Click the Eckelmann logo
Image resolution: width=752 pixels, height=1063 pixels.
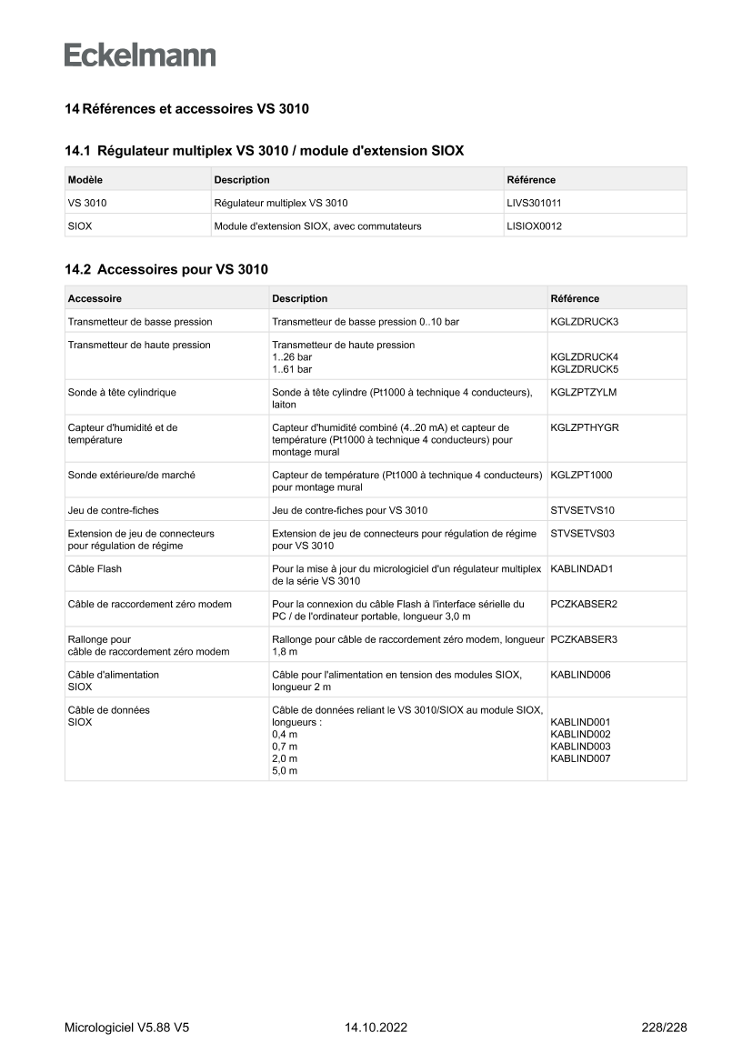[x=140, y=55]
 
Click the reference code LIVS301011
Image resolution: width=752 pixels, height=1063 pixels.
[x=539, y=203]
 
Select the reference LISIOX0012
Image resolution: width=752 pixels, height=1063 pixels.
[x=534, y=226]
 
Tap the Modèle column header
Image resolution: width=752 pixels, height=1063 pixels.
[x=85, y=180]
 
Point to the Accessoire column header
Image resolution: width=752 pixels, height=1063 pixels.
[x=95, y=298]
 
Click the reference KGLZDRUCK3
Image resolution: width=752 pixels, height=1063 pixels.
[x=584, y=322]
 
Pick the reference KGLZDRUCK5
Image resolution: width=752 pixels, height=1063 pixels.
[x=584, y=370]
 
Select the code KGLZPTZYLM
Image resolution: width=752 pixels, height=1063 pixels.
[x=584, y=393]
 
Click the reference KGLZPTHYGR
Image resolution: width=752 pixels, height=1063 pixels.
[x=585, y=427]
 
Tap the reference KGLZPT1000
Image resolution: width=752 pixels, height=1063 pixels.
[x=581, y=475]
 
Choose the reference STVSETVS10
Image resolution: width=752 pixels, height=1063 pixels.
[x=583, y=510]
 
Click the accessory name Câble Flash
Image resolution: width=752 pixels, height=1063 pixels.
[x=95, y=569]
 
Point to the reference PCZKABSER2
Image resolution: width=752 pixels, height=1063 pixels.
[x=584, y=604]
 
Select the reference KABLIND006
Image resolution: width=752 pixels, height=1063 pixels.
[x=580, y=675]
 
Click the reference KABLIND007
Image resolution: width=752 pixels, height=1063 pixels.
[x=580, y=758]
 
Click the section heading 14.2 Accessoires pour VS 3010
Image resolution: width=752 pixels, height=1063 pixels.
[x=166, y=269]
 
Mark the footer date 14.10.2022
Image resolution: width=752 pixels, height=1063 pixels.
[x=376, y=1028]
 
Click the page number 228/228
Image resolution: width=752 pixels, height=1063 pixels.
[x=664, y=1028]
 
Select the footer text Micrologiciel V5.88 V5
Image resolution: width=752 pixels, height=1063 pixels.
[x=126, y=1028]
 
